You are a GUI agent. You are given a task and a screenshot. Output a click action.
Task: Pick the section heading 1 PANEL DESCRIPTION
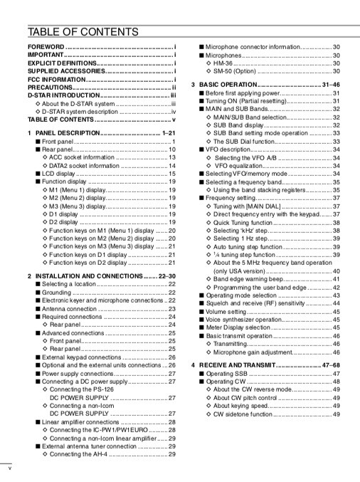(64, 133)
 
